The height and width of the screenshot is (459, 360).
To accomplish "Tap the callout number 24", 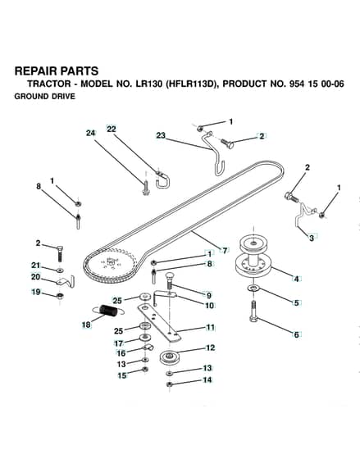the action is [91, 133].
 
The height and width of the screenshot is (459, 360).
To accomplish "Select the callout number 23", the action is [161, 135].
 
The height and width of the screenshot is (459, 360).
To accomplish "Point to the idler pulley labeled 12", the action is [168, 357].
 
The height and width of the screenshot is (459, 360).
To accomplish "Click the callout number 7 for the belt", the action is [225, 251].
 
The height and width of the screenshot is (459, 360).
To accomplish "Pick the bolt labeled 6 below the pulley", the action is [253, 311].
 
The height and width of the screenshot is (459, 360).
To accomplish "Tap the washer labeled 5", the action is [253, 289].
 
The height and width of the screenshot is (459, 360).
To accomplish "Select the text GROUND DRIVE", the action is [45, 97].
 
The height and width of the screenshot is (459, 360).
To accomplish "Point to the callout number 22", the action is [112, 130].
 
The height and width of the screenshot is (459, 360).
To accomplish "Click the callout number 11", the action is [210, 327].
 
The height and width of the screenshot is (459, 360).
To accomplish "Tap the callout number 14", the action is [207, 379].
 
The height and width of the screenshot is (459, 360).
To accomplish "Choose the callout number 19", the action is [36, 292].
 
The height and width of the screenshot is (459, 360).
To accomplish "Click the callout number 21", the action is [35, 266].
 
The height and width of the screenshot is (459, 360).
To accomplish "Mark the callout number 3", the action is [312, 238].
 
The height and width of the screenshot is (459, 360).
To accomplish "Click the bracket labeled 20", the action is [66, 281].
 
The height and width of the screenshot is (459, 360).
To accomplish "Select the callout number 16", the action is [121, 353].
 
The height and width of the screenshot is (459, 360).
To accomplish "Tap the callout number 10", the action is [209, 305].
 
